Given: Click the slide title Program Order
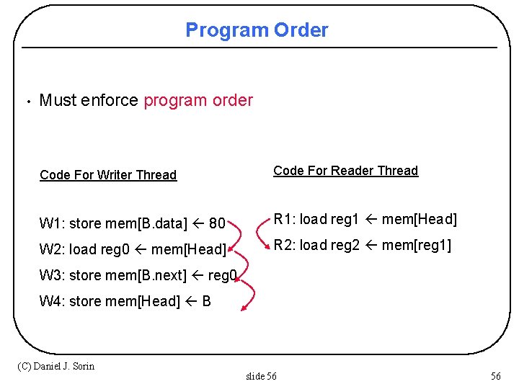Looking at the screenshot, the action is (x=257, y=30).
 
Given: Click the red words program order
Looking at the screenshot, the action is (x=198, y=100).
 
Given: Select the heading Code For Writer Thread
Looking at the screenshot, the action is (x=108, y=175).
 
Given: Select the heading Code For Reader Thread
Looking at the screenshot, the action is (x=345, y=171).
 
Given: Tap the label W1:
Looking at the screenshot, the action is (x=52, y=223).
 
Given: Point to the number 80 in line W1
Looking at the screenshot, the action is (x=217, y=223).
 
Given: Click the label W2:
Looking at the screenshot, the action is (x=52, y=249).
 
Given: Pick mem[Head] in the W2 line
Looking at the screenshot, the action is (x=189, y=249).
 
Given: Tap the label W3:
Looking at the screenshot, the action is (x=52, y=275).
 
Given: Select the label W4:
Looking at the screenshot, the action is (x=52, y=301).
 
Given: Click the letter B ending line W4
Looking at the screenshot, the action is (x=207, y=301).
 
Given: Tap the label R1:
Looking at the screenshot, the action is (x=284, y=219).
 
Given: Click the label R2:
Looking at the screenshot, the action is (x=284, y=245).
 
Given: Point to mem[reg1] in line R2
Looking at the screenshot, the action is (x=417, y=245).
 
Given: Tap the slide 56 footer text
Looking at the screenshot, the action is (x=261, y=376).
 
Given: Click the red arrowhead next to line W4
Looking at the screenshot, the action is (x=245, y=308).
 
